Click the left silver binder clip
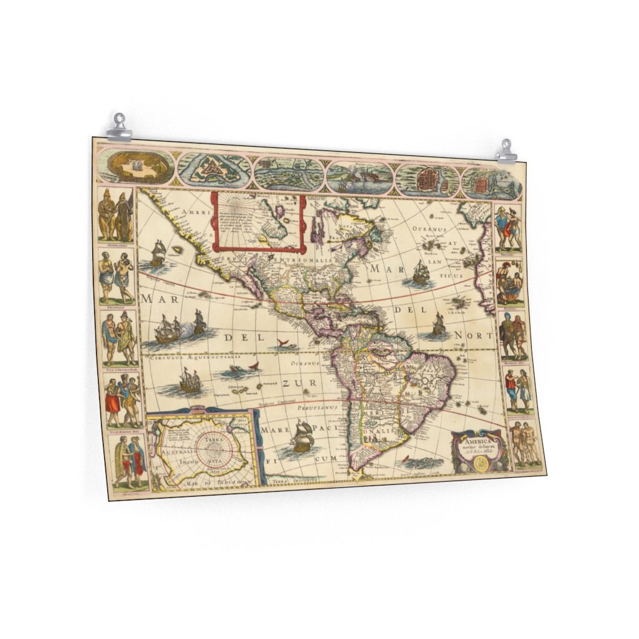[x=119, y=127]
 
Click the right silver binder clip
[x=506, y=152]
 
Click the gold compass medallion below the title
[x=481, y=463]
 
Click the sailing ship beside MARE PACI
[x=301, y=436]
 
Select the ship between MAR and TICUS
[x=421, y=272]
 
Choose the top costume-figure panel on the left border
[x=116, y=215]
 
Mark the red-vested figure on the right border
[x=510, y=388]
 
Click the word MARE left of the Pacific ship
[x=273, y=431]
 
